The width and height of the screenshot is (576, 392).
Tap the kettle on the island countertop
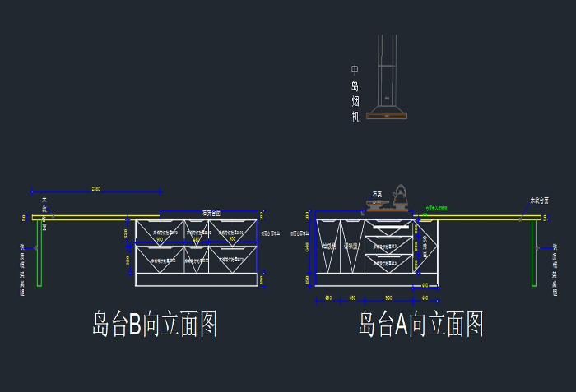pyautogui.click(x=400, y=196)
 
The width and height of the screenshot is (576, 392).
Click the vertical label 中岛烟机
pyautogui.click(x=355, y=95)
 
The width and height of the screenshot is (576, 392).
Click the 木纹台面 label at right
pyautogui.click(x=540, y=201)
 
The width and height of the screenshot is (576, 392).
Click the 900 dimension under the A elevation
pyautogui.click(x=388, y=297)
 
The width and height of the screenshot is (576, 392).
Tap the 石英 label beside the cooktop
pyautogui.click(x=377, y=195)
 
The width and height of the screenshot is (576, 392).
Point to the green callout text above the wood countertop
pyautogui.click(x=437, y=209)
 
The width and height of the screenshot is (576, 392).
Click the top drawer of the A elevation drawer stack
pyautogui.click(x=389, y=228)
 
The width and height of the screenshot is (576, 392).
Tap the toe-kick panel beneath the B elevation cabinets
pyautogui.click(x=197, y=279)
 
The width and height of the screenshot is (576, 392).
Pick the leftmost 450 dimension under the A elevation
pyautogui.click(x=327, y=297)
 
